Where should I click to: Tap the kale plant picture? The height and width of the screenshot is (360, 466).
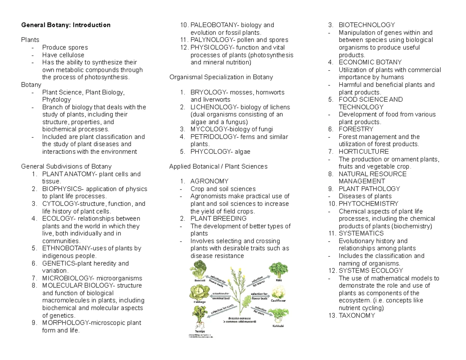pos(278,270)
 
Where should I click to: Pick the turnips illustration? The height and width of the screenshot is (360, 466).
pos(199,317)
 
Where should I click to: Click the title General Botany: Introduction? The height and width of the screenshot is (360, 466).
pos(66,25)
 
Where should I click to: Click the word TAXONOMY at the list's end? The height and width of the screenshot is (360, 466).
pos(357,316)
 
